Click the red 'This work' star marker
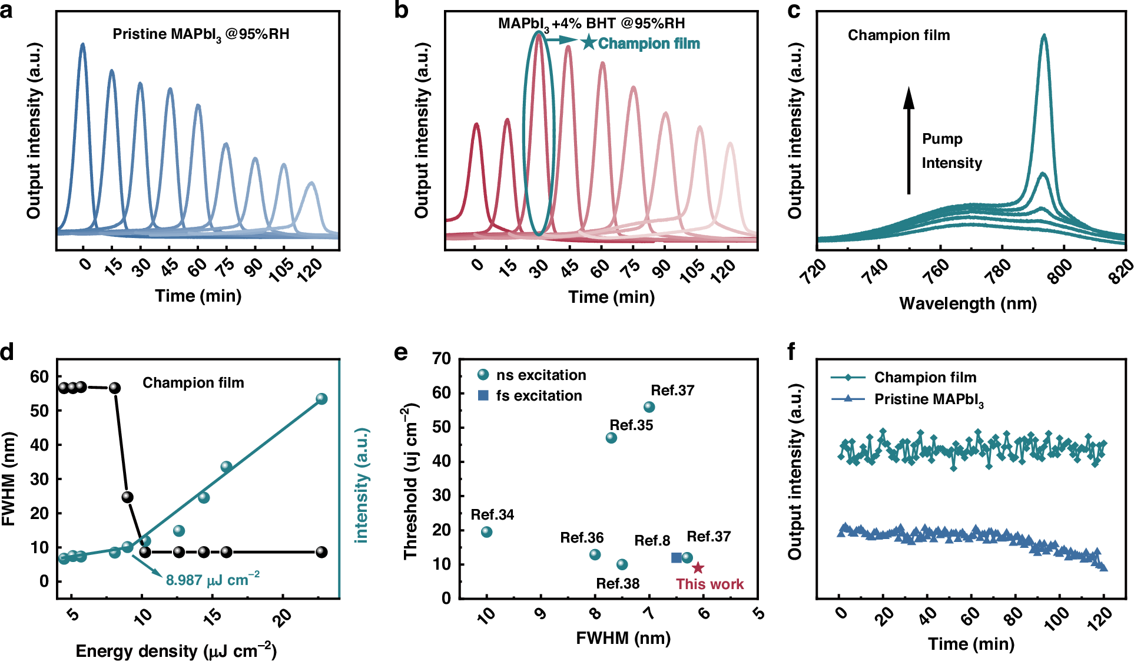[x=698, y=568]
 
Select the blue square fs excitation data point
[x=676, y=557]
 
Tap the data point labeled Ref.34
[x=486, y=532]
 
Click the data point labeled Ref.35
[x=611, y=438]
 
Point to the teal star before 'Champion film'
[x=588, y=42]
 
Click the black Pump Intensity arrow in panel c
[x=908, y=141]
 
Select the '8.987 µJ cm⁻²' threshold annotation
[x=213, y=580]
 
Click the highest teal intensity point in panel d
[x=321, y=399]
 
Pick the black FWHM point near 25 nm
[x=127, y=497]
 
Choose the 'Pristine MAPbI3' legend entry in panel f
[x=928, y=399]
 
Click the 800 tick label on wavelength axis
[x=1060, y=272]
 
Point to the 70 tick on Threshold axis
[x=442, y=359]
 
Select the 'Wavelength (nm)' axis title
[x=968, y=303]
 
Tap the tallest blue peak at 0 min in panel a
[x=82, y=45]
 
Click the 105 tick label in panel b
[x=692, y=271]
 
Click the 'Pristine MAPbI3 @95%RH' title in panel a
[x=201, y=34]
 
